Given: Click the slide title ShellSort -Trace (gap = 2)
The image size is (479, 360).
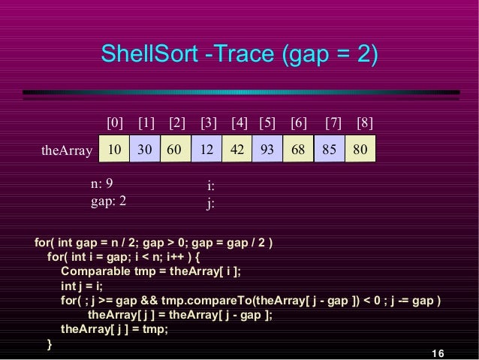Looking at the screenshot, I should coord(239,56).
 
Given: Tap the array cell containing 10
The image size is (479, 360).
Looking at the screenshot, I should coord(114,150).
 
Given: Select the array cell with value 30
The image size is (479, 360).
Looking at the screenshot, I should coord(145,150).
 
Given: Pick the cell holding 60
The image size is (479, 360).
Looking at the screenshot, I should coord(175,150).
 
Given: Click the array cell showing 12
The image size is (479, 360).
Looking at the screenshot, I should coord(206,150).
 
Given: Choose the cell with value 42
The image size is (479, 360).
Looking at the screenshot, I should coord(236,150).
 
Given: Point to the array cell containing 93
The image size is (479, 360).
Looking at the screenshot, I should coord(267,150).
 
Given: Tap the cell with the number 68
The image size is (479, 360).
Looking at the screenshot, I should coord(298,150).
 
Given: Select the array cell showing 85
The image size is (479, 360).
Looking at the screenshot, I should coord(329,150).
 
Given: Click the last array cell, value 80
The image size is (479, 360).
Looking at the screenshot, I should coord(360,150).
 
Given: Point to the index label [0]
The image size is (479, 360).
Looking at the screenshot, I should coord(115,122).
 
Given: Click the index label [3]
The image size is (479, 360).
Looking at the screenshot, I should coord(209,122).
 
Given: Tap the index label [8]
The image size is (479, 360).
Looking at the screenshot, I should coord(364,122).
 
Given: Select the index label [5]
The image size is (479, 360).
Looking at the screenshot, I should coord(267,122).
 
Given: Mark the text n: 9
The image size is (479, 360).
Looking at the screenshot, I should coord(101,183).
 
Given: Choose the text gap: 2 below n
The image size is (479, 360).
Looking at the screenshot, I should coord(109,201).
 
